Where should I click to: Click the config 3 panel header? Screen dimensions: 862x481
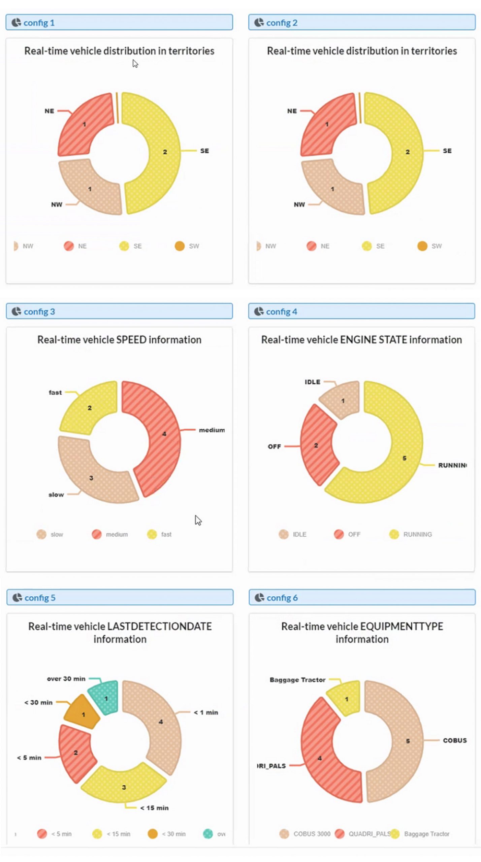[119, 311]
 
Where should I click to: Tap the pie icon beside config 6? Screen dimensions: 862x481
[259, 598]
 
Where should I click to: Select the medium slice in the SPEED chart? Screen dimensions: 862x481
[158, 438]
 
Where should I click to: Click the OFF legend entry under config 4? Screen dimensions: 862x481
[348, 534]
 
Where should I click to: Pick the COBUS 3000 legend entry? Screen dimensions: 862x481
[305, 834]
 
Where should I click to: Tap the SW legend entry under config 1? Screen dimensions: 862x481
[187, 246]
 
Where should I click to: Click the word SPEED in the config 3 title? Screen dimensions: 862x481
[131, 340]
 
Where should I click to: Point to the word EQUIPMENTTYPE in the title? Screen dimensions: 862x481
[402, 627]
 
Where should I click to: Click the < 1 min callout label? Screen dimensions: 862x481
[206, 712]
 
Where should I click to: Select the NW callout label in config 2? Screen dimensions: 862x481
[299, 204]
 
